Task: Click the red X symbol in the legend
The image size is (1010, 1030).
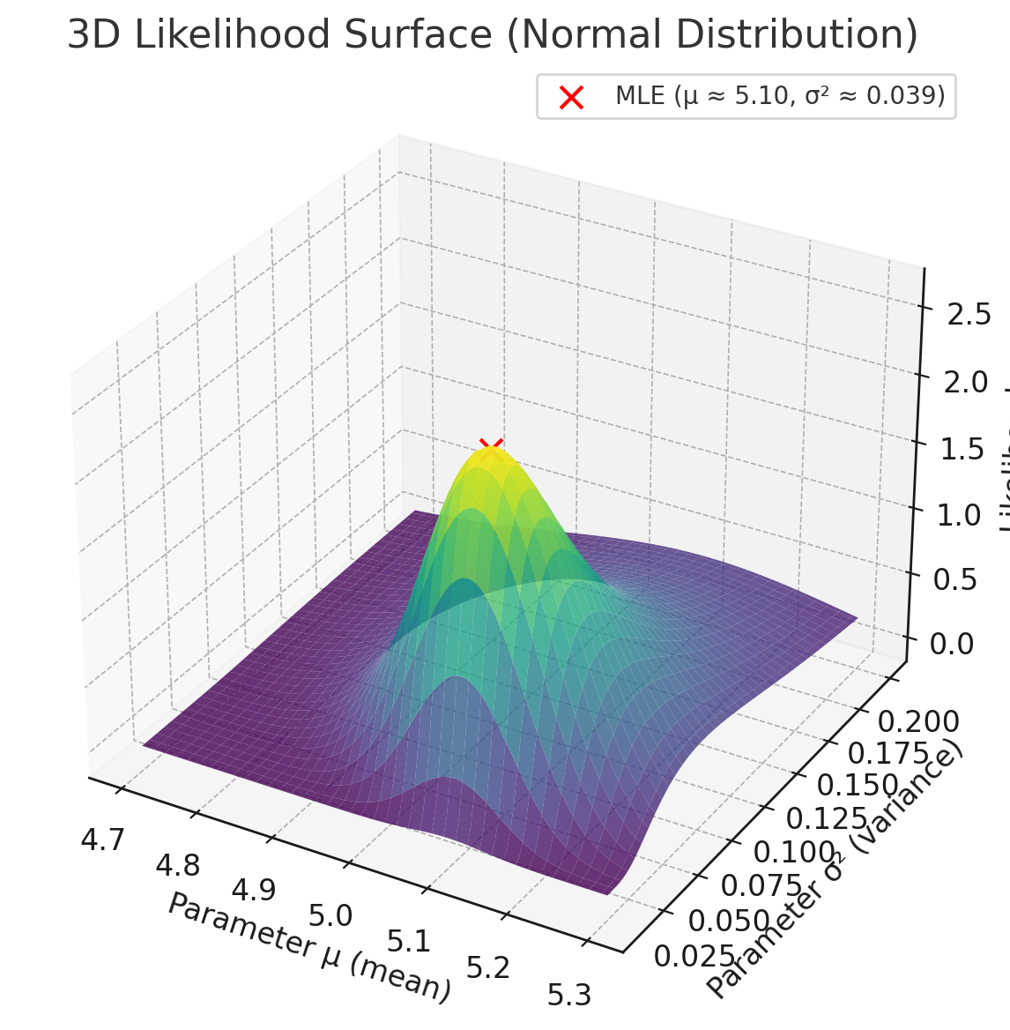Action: pos(571,97)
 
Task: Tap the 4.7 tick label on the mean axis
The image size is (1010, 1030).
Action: pos(102,840)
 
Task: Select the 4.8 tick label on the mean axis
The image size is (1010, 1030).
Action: pos(177,865)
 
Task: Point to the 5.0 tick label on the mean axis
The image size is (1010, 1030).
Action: pos(330,915)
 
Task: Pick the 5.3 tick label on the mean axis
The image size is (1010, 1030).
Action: pos(568,995)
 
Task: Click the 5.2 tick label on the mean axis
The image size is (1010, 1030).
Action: pos(488,968)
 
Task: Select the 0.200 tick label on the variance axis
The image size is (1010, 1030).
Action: pos(919,722)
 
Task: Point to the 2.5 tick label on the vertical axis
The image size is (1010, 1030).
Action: pos(969,314)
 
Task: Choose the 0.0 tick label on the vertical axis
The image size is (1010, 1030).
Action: pos(953,644)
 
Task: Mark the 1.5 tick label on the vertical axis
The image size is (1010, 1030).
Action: pos(962,449)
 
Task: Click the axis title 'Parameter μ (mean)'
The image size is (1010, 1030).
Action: pos(309,946)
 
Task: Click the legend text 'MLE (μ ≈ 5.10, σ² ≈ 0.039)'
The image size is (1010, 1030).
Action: pos(780,96)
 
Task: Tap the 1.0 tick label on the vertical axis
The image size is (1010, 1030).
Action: pos(959,515)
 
